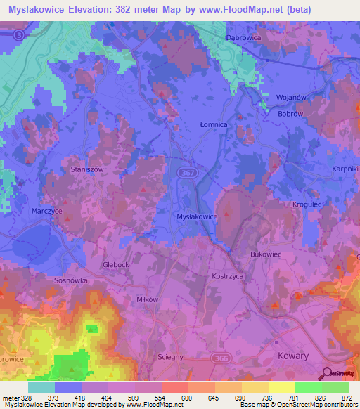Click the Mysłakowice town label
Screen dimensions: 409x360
197,217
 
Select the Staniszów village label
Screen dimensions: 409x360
87,169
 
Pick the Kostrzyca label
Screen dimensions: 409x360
227,277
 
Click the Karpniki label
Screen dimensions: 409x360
345,169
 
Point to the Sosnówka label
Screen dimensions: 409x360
70,279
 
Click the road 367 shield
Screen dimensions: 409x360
187,171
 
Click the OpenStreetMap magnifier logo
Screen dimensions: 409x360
327,374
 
